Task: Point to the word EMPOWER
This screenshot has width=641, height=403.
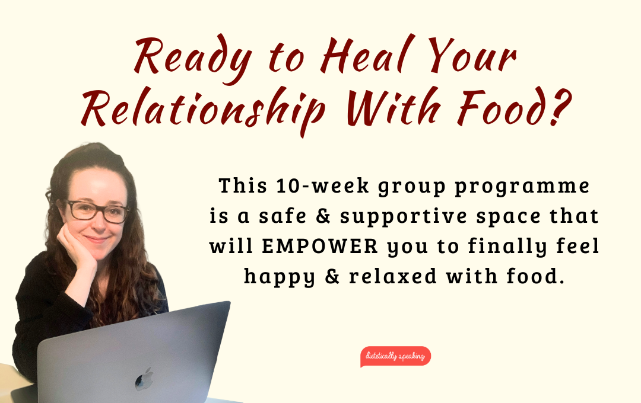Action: (x=320, y=246)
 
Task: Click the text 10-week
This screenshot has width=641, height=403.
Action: (x=322, y=185)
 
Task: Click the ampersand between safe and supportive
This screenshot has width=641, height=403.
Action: (x=323, y=216)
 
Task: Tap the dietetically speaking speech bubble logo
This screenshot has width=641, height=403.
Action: (x=395, y=356)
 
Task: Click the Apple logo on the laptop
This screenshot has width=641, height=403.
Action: (x=145, y=379)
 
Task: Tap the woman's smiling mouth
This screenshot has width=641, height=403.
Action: (x=97, y=239)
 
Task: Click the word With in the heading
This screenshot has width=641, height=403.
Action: (x=394, y=105)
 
